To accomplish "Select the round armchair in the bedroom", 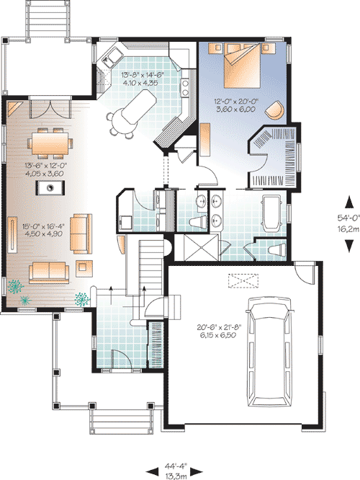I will click(x=274, y=110).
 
